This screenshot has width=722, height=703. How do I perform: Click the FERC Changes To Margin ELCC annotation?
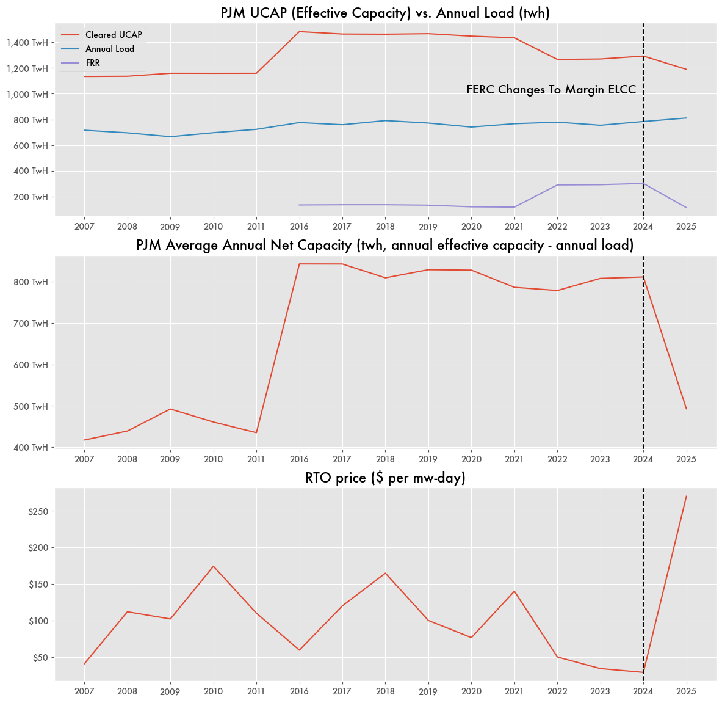(551, 89)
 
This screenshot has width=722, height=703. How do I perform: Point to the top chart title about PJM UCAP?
(385, 13)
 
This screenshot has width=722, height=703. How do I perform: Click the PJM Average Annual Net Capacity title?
(385, 245)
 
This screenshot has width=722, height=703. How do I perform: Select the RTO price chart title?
(385, 478)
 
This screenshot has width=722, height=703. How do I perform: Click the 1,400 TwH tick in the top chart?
(27, 43)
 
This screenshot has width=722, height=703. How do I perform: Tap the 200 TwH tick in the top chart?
(31, 197)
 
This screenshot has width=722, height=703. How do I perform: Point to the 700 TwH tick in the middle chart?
(31, 323)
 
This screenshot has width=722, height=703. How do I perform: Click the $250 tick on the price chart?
(38, 511)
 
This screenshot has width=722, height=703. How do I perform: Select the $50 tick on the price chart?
(40, 658)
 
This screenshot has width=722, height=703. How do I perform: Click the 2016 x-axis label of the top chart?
(299, 226)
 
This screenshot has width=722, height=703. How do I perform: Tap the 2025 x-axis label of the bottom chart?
(686, 691)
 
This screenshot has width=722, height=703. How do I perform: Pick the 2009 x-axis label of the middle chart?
(170, 459)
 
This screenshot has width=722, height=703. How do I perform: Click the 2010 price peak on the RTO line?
(213, 566)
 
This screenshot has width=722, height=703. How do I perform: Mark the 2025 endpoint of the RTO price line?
(686, 496)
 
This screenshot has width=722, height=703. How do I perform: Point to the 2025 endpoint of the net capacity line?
(686, 409)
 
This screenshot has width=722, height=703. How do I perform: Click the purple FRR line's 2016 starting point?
(299, 205)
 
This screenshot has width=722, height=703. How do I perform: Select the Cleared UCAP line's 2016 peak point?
(299, 32)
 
